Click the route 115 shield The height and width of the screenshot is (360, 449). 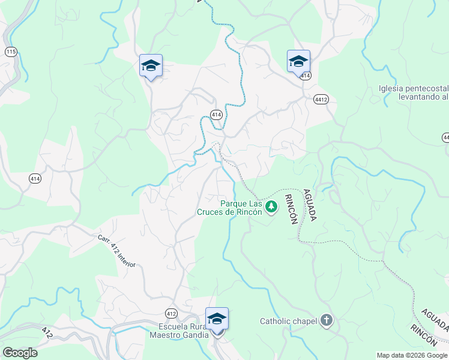click(11, 52)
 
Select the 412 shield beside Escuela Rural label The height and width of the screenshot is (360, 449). click(172, 313)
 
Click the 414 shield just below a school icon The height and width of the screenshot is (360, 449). click(306, 76)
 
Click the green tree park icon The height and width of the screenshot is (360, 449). click(272, 208)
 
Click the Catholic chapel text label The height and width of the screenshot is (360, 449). click(288, 321)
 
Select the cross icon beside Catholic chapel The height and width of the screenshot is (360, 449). click(326, 320)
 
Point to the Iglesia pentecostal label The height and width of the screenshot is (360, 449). click(414, 92)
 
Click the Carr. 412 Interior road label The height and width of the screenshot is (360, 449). click(118, 250)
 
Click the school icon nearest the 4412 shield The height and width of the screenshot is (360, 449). click(298, 61)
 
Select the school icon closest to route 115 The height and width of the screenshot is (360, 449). click(151, 66)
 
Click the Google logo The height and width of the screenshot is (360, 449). click(20, 353)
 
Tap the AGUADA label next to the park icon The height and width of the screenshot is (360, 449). click(309, 203)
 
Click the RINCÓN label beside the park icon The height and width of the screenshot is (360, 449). click(291, 209)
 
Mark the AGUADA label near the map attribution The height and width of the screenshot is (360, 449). click(434, 322)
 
